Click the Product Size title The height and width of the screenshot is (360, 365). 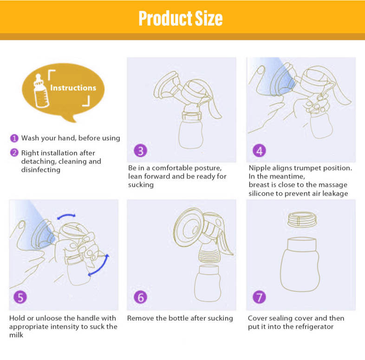coord(180,18)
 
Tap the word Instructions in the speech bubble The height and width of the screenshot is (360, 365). coord(73,88)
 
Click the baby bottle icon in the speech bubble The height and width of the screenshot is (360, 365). coord(41,91)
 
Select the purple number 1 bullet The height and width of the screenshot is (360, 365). coord(14,138)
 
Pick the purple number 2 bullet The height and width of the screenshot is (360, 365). coord(14,153)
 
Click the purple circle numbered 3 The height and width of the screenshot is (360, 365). coord(140,151)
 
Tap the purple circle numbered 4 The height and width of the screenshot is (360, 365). coord(259,151)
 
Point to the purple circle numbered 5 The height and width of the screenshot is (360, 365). coord(20,297)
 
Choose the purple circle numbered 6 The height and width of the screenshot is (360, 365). coord(140,297)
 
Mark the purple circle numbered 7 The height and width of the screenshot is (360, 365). coord(259,297)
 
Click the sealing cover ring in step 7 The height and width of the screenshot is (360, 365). coord(302,219)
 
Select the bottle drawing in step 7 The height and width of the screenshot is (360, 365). coord(300,264)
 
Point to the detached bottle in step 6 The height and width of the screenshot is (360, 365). coord(208,283)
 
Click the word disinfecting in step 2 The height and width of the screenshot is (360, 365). coord(41,170)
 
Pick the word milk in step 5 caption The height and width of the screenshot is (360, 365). coord(16,335)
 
